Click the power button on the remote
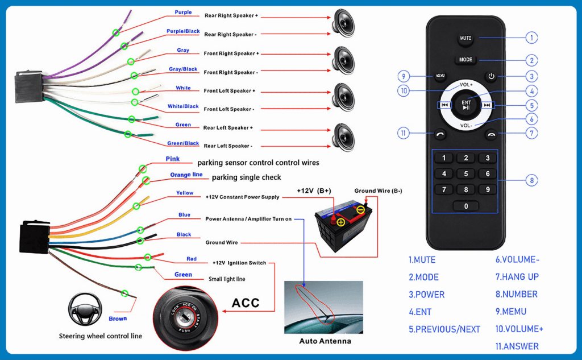click(491, 76)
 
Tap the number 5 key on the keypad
click(466, 174)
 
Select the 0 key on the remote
click(466, 206)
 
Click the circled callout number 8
click(531, 180)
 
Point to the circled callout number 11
click(404, 133)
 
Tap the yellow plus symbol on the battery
click(340, 222)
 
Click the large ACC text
click(246, 303)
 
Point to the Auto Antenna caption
click(325, 341)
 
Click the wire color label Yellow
click(185, 193)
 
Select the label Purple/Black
click(183, 31)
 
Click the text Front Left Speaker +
click(230, 91)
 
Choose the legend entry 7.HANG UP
click(517, 277)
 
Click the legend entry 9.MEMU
click(510, 312)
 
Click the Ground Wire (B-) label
click(378, 191)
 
